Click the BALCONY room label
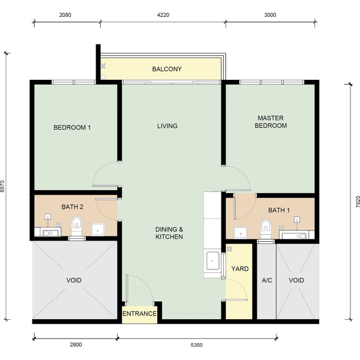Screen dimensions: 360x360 click(x=167, y=69)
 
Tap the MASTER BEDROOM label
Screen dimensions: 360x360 click(x=271, y=122)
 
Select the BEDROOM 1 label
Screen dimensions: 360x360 click(x=72, y=127)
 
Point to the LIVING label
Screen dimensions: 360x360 click(x=167, y=126)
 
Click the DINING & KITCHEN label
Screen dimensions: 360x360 click(x=169, y=233)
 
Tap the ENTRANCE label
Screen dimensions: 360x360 click(x=139, y=314)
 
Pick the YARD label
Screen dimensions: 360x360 click(x=240, y=269)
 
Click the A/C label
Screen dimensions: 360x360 click(x=267, y=280)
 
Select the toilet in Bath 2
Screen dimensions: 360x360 click(x=76, y=226)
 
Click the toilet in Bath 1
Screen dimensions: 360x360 click(x=266, y=229)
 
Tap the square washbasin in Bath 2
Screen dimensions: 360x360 click(x=98, y=230)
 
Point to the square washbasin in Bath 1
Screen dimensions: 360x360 click(x=241, y=233)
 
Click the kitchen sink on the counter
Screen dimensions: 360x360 click(x=212, y=260)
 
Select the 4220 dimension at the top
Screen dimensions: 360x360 click(x=163, y=15)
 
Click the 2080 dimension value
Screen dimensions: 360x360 click(x=65, y=15)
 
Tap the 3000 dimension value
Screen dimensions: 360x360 click(x=270, y=15)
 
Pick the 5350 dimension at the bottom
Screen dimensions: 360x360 click(x=197, y=345)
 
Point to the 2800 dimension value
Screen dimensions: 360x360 click(x=76, y=344)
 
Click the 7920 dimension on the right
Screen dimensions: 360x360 click(x=358, y=202)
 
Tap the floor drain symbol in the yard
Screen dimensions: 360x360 click(x=229, y=248)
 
